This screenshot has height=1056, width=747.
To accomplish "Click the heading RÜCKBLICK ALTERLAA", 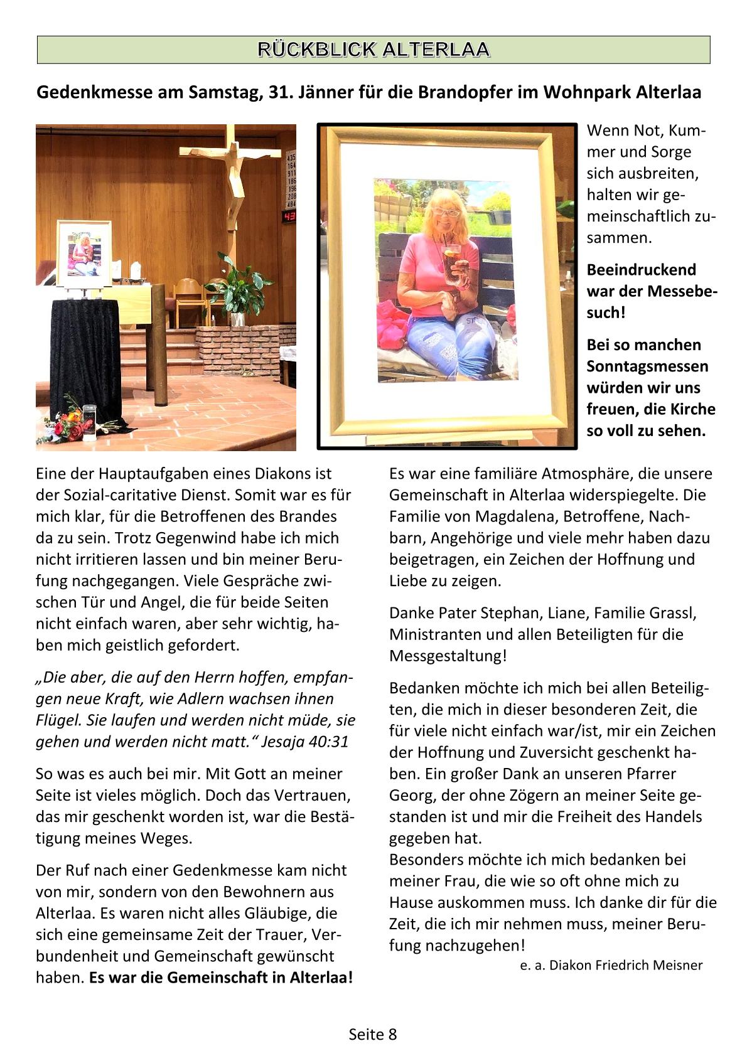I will (373, 50).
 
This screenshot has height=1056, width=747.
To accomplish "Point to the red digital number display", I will (290, 217).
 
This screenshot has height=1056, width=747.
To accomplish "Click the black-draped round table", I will (84, 358).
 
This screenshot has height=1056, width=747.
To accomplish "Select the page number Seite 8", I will (373, 1034).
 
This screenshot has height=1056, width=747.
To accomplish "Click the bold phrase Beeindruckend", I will (642, 270).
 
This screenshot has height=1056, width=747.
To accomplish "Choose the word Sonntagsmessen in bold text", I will (647, 366).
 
